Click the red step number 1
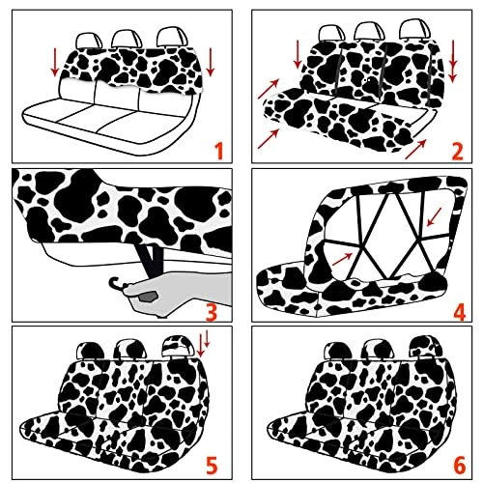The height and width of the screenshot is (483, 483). tap(219, 151)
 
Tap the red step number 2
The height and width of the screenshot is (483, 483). tap(457, 151)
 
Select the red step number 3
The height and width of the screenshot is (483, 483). tap(212, 311)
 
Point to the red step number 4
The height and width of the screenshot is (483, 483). tap(459, 311)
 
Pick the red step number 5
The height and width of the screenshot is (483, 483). tap(212, 466)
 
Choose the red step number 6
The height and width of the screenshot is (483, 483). tap(459, 466)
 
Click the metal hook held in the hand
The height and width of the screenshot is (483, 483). tap(117, 283)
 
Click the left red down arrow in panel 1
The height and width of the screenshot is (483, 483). tap(55, 62)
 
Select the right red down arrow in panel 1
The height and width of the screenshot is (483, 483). tap(211, 62)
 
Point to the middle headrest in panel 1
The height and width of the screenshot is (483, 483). tap(127, 40)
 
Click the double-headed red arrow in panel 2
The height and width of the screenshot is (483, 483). tap(453, 61)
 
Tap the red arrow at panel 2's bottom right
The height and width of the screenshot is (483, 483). tap(415, 149)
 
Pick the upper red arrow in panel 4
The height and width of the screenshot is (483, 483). tap(434, 217)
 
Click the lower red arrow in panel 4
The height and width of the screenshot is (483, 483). tap(342, 260)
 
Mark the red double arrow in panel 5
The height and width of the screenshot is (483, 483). tap(203, 345)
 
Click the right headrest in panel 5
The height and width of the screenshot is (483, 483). tap(178, 346)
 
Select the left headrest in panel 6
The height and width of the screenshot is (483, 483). tap(338, 351)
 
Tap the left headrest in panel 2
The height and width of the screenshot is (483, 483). tap(331, 34)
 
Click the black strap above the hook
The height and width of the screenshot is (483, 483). tap(150, 260)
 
